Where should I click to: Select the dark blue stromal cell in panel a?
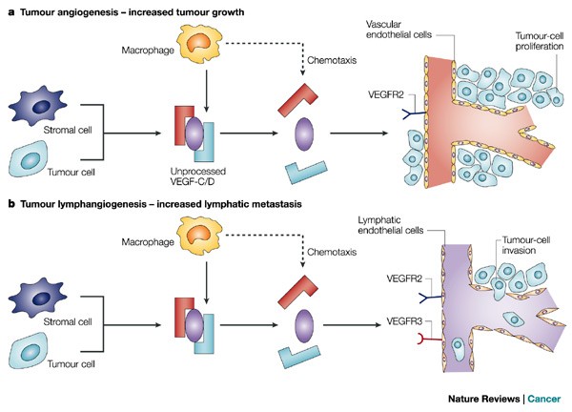tap(43, 100)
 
